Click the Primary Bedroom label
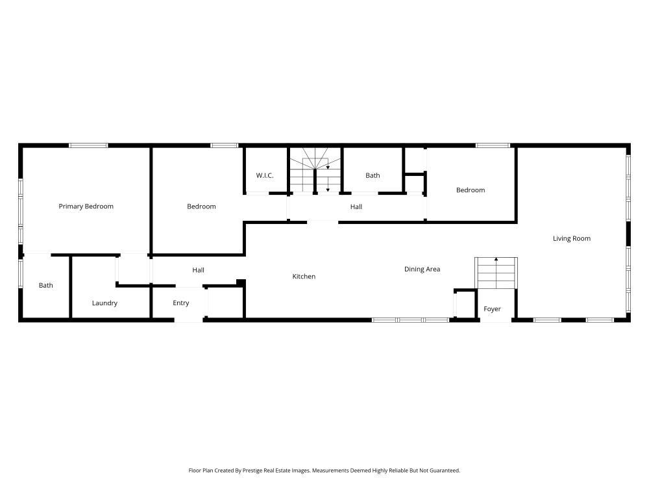[86, 206]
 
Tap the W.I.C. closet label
[264, 175]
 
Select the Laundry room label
[104, 303]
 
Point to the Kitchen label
[304, 277]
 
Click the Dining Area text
[422, 269]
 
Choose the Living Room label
[571, 238]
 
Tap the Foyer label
[492, 309]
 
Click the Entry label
[180, 303]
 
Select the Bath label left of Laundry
[45, 285]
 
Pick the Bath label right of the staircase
[373, 175]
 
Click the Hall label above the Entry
[198, 270]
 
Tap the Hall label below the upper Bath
[356, 207]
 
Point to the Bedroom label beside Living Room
[470, 190]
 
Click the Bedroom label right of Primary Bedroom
[201, 206]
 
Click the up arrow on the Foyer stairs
[496, 260]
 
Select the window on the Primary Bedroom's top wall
[88, 145]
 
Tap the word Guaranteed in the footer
[444, 470]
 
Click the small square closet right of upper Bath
[414, 183]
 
